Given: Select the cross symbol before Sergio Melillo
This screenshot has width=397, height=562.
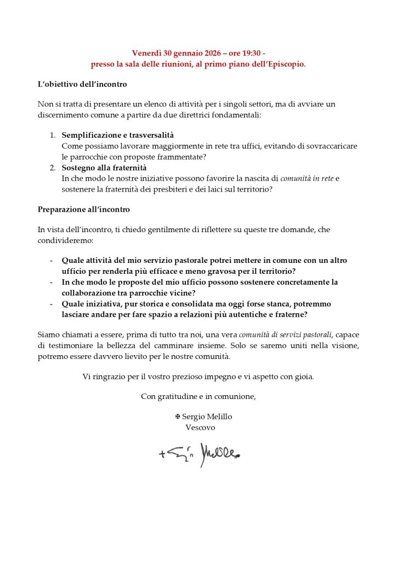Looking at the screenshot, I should [178, 417].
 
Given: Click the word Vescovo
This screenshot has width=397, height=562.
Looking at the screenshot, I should [201, 427].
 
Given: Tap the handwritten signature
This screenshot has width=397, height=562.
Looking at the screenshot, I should [200, 453].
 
